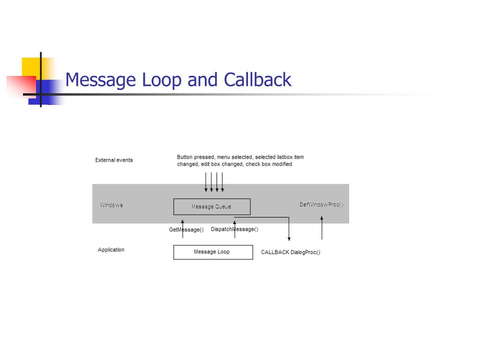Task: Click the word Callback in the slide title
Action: [257, 80]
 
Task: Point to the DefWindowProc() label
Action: [322, 204]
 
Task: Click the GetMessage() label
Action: [186, 230]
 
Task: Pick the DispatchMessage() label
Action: [234, 229]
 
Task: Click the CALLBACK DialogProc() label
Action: [291, 252]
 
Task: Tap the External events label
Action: [114, 160]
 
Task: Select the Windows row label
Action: [111, 205]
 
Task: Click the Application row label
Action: [111, 250]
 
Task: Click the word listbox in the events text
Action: [285, 157]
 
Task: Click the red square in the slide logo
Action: [21, 87]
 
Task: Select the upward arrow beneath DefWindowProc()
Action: [322, 228]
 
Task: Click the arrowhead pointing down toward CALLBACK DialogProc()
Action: [289, 239]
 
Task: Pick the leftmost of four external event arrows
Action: [206, 182]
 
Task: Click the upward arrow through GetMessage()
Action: [183, 229]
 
